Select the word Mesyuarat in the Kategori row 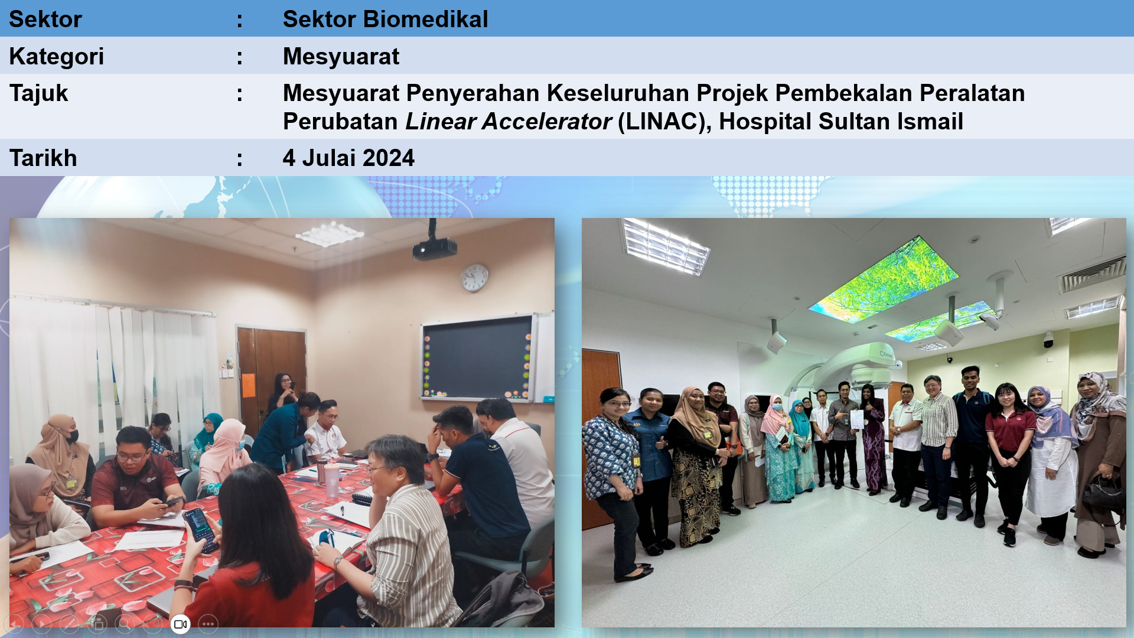click(341, 57)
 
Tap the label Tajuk click(38, 94)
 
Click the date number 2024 click(389, 158)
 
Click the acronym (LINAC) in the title click(664, 122)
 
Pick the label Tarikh click(43, 158)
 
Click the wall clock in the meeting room click(474, 278)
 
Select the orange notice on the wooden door click(248, 385)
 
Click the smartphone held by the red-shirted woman click(200, 530)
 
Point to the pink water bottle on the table click(332, 480)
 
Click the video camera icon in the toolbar click(180, 624)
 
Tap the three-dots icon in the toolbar click(208, 624)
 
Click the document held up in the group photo click(856, 419)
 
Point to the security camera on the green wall click(1048, 340)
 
